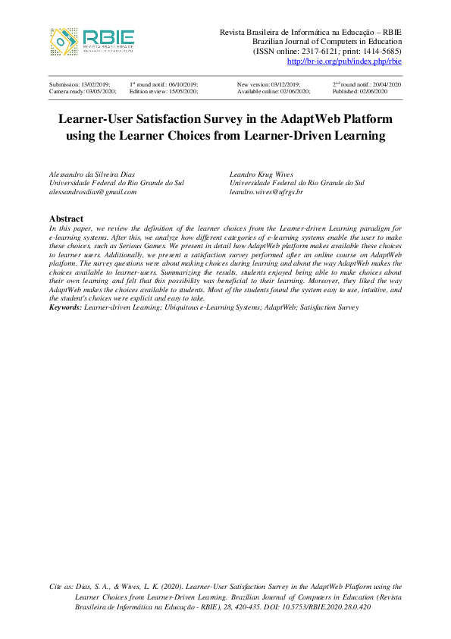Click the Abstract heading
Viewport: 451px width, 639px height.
66,219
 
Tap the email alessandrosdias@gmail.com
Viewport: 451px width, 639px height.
92,193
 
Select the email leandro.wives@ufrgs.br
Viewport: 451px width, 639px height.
266,193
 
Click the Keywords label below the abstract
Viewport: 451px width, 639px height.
65,307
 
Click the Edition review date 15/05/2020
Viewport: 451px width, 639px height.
180,91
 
